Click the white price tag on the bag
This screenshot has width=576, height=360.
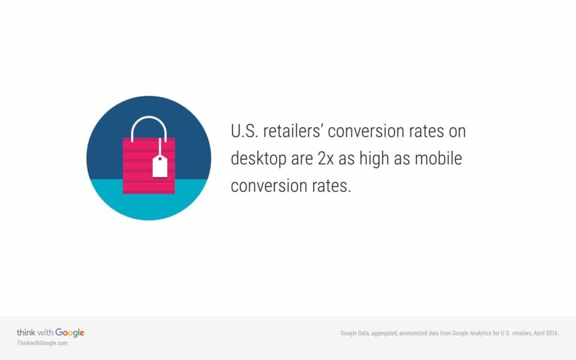(x=160, y=167)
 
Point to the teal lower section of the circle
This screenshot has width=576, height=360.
(x=148, y=202)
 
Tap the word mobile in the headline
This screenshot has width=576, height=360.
(x=438, y=159)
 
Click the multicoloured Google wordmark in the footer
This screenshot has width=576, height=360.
(x=70, y=332)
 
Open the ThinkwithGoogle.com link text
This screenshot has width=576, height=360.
(x=42, y=343)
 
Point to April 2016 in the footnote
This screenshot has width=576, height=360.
(x=545, y=333)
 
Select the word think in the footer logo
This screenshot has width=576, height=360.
(x=26, y=332)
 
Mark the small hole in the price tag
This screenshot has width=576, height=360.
(x=160, y=159)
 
